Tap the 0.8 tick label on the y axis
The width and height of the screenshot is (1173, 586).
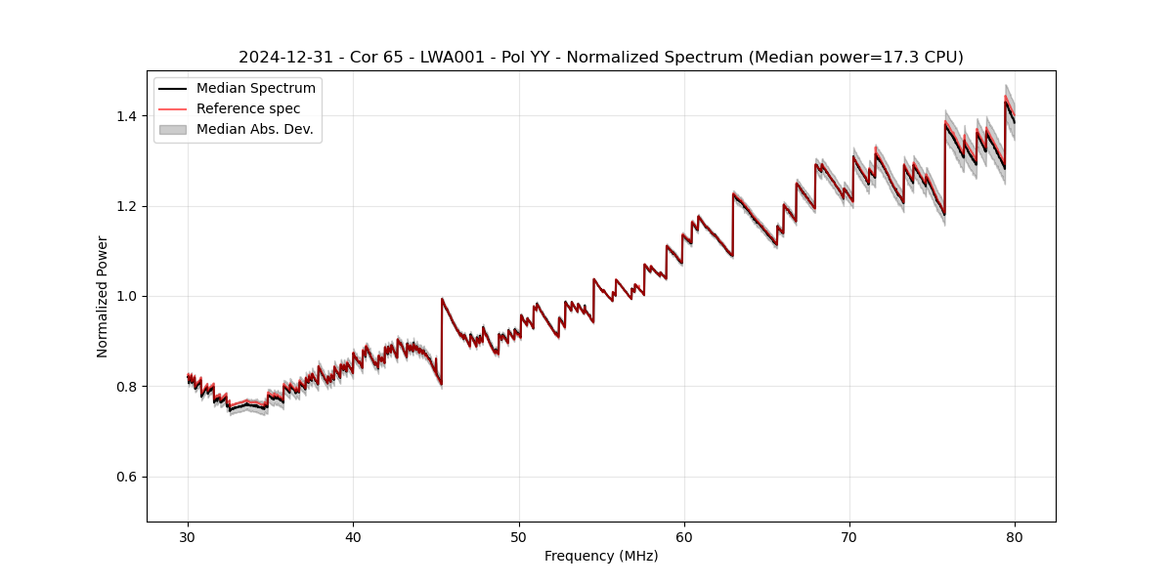coord(130,387)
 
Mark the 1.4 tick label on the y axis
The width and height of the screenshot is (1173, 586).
coord(130,116)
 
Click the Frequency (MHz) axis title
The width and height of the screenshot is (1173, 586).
coord(601,556)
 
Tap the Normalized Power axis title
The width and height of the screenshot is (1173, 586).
coord(103,296)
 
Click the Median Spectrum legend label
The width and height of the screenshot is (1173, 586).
coord(255,89)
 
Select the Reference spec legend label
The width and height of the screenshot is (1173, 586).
coord(248,108)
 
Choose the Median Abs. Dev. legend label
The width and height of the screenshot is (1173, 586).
coord(254,129)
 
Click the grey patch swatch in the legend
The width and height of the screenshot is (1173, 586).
coord(173,129)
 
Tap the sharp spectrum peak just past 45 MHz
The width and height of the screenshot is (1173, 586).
coord(442,299)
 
